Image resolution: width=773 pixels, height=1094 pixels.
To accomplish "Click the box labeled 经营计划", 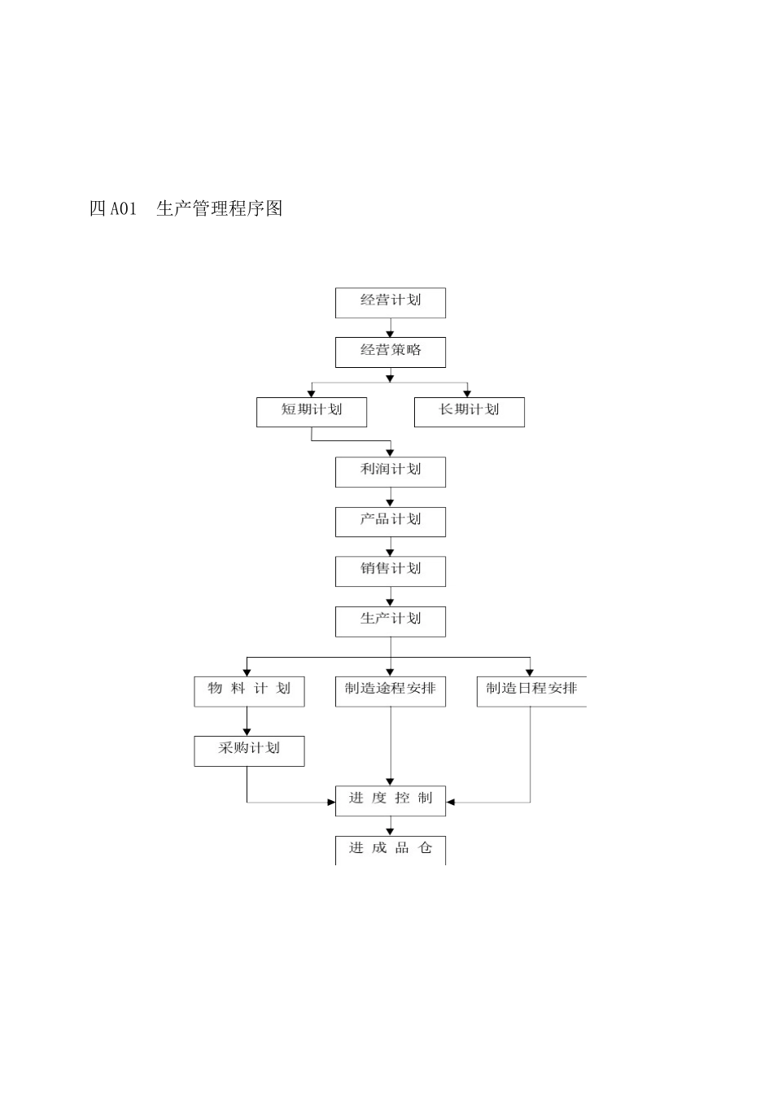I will pyautogui.click(x=391, y=302).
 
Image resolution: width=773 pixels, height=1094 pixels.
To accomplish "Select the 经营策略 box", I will pyautogui.click(x=391, y=352).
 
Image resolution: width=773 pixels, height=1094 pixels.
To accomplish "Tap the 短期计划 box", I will pyautogui.click(x=312, y=411).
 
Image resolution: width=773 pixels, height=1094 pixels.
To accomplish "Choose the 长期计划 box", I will pyautogui.click(x=469, y=411).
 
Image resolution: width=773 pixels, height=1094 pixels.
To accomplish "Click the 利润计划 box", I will pyautogui.click(x=391, y=471).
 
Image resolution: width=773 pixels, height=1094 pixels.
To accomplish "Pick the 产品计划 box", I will pyautogui.click(x=391, y=521).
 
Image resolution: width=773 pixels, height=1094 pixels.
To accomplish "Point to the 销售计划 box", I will pyautogui.click(x=391, y=571).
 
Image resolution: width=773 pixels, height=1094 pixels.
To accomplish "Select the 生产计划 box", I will pyautogui.click(x=391, y=621).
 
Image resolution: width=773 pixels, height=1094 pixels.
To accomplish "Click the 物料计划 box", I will pyautogui.click(x=249, y=690).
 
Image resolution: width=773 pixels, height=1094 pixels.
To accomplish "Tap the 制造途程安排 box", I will pyautogui.click(x=391, y=690).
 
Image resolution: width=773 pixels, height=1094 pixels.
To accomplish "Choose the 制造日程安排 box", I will pyautogui.click(x=531, y=690).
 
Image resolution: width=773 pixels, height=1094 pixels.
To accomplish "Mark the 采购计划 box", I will pyautogui.click(x=249, y=750).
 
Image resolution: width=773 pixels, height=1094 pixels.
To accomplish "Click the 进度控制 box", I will pyautogui.click(x=391, y=800).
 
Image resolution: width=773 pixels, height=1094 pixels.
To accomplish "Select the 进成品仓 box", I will pyautogui.click(x=391, y=849).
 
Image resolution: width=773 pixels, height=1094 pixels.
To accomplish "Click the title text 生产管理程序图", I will pyautogui.click(x=220, y=208).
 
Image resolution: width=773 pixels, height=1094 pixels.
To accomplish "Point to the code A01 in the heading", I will pyautogui.click(x=123, y=209).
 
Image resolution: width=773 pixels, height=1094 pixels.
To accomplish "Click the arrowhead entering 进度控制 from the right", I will pyautogui.click(x=451, y=803).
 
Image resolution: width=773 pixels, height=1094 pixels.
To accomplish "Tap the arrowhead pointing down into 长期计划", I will pyautogui.click(x=467, y=393).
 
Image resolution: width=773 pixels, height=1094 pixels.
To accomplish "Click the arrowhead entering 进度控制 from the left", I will pyautogui.click(x=331, y=803).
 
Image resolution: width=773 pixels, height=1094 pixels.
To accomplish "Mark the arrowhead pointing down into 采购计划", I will pyautogui.click(x=247, y=732).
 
